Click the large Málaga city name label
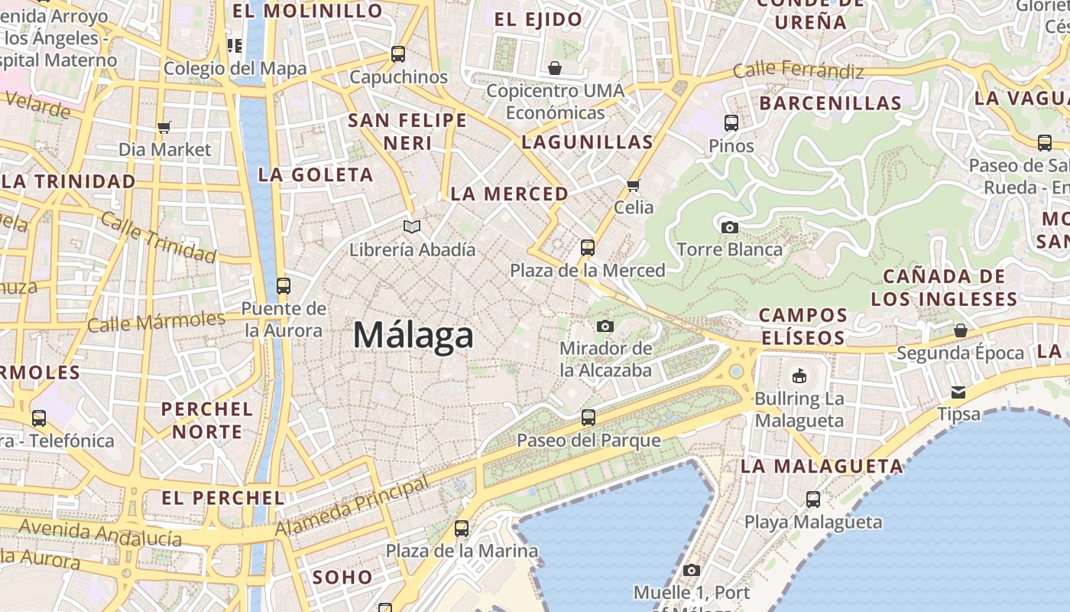(413, 336)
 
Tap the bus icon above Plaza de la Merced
(587, 248)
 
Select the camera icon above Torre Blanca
(730, 227)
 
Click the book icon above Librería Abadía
(412, 226)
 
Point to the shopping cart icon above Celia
(633, 185)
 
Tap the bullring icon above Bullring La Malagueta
(799, 376)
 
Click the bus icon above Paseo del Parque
(588, 418)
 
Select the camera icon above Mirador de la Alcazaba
(605, 327)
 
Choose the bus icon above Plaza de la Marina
(461, 529)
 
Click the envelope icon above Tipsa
(958, 392)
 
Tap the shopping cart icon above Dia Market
(164, 127)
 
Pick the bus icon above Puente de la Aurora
(284, 286)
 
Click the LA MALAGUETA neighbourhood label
(822, 466)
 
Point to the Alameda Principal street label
(352, 507)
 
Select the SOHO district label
(342, 577)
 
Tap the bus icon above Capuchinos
(397, 54)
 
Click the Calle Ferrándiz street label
(798, 70)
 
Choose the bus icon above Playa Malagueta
(813, 500)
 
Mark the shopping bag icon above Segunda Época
(960, 330)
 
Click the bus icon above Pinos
(731, 122)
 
